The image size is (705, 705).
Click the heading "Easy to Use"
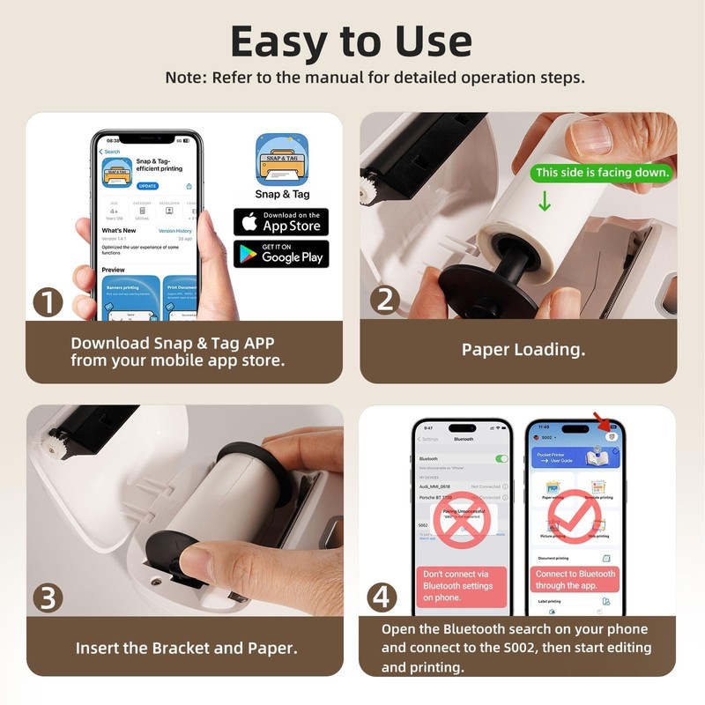352,41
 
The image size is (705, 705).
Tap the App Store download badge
281,221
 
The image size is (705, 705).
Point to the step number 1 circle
48,302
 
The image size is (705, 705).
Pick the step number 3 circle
48,597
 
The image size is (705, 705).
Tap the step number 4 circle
381,597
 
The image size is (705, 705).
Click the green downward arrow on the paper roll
544,201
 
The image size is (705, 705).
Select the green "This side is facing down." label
603,173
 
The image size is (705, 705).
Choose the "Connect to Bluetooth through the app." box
575,579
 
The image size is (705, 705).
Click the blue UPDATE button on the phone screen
147,186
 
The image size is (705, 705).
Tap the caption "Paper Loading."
523,349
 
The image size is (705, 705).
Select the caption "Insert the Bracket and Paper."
186,648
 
